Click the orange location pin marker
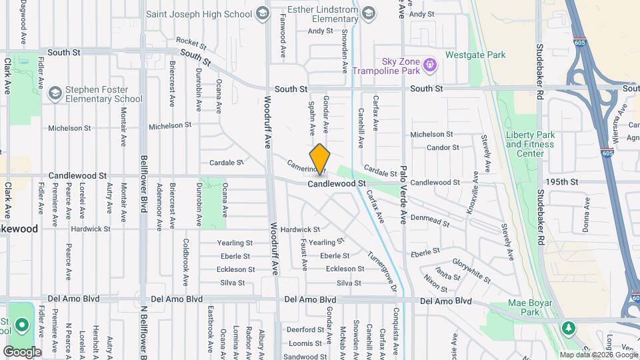(320, 159)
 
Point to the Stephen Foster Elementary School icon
(55, 93)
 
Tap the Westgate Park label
(476, 55)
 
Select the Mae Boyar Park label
(523, 307)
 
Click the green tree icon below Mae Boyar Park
(568, 327)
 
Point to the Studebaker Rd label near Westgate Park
(540, 72)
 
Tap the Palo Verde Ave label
(403, 195)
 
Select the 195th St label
(559, 181)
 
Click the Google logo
(21, 351)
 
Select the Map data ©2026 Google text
(599, 355)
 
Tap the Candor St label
(443, 147)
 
